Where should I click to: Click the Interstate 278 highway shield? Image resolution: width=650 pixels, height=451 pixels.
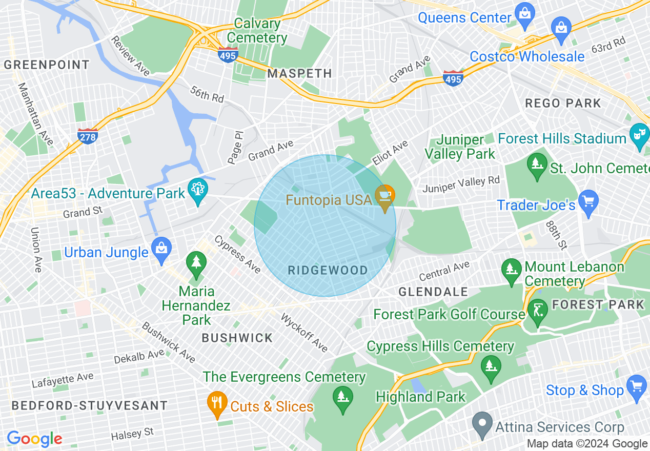click(x=88, y=136)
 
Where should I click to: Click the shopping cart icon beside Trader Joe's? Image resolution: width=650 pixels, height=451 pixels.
click(x=588, y=200)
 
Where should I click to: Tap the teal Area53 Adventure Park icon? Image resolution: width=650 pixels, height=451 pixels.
click(x=197, y=189)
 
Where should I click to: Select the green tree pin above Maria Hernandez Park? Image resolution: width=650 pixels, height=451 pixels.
click(x=196, y=262)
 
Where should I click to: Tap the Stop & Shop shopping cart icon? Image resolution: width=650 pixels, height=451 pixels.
click(x=637, y=385)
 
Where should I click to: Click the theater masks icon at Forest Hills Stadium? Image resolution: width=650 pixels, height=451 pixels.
click(x=639, y=134)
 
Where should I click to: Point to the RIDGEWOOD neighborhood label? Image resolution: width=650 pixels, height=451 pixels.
click(x=328, y=271)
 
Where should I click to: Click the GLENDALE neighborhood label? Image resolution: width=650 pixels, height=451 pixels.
click(x=433, y=292)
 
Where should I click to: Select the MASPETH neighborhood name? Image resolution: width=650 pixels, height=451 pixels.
click(x=300, y=73)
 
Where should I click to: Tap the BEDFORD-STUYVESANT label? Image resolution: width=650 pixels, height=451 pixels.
click(x=90, y=405)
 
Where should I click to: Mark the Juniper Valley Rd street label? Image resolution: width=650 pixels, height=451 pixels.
click(x=461, y=184)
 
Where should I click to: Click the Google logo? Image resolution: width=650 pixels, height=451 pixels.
click(x=34, y=439)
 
